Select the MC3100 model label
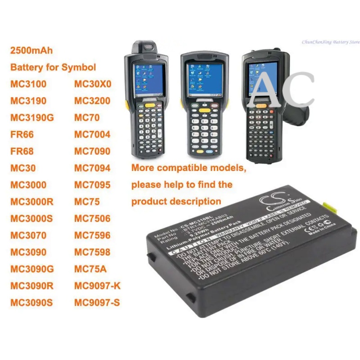[x=28, y=84]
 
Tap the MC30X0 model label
[x=92, y=84]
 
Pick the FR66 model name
[x=22, y=135]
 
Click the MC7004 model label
[x=92, y=135]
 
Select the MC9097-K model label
[x=98, y=286]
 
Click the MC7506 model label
[x=92, y=219]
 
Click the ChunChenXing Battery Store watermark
[x=331, y=42]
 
